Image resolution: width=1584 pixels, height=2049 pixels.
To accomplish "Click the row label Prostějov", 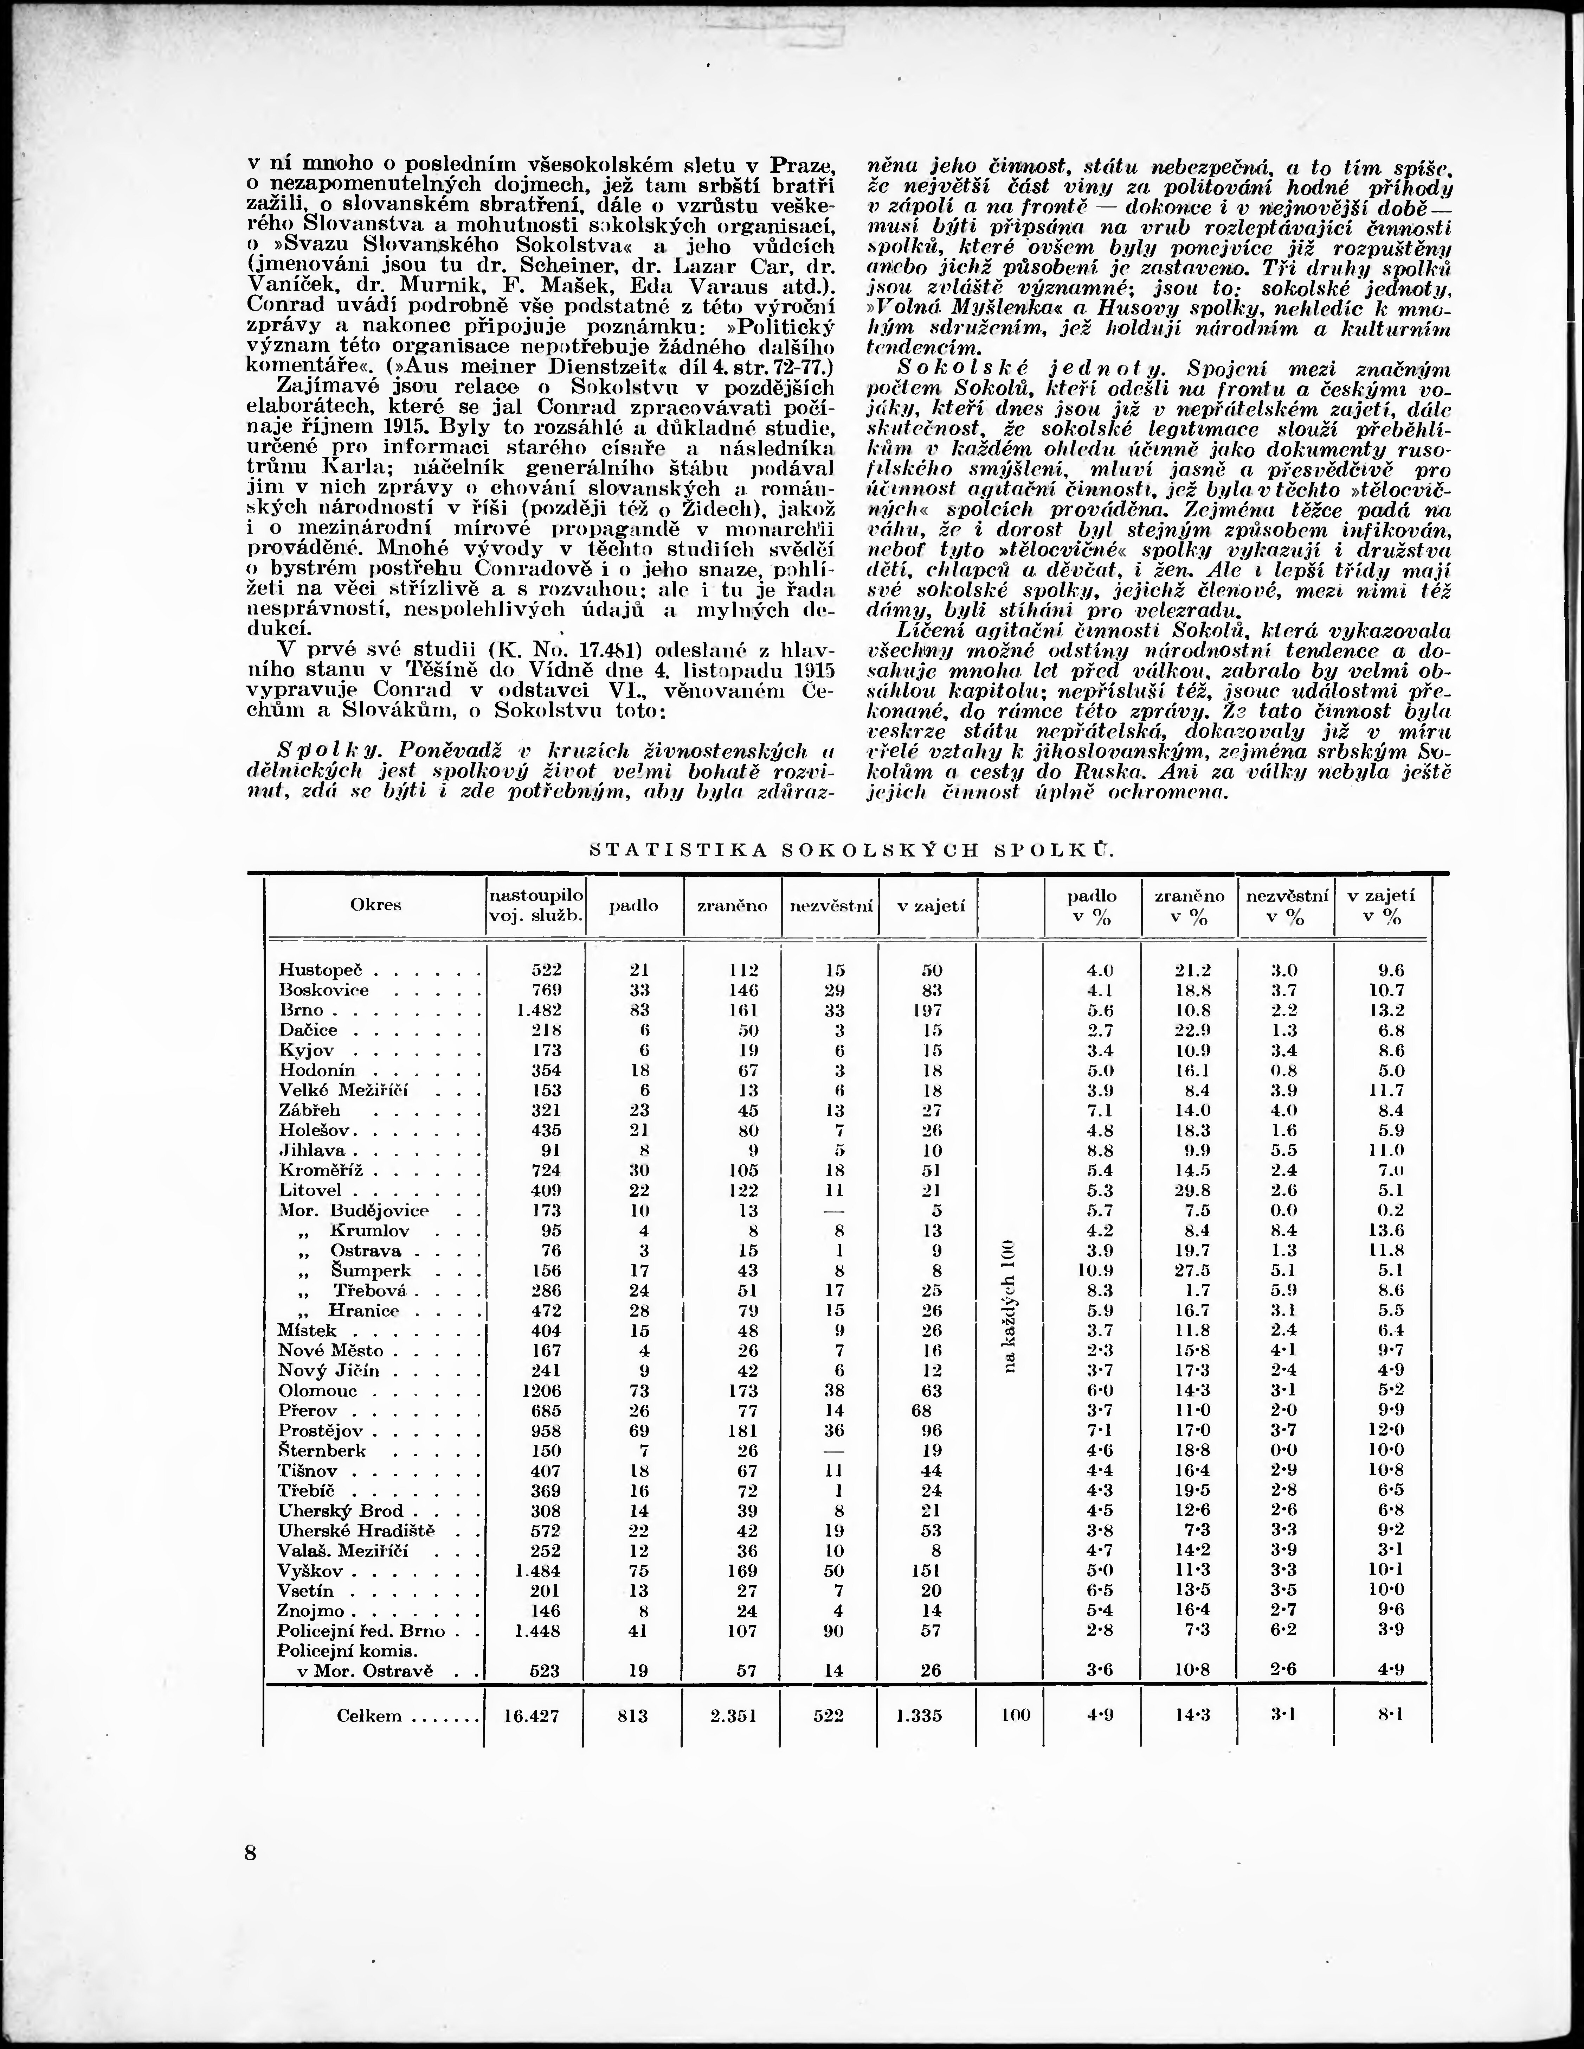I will click(323, 1431).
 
